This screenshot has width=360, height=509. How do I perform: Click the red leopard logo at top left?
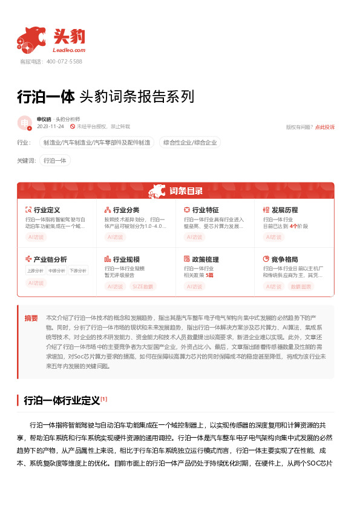pos(31,39)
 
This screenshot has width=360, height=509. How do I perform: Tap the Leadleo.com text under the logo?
pos(70,51)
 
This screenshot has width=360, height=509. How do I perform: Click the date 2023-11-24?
pos(50,127)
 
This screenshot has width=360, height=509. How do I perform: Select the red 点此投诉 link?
pos(324,127)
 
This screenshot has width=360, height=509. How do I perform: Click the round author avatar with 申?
pos(25,123)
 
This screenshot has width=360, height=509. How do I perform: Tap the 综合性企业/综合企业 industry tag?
pos(190,143)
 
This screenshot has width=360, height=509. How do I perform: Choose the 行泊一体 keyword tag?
pos(55,160)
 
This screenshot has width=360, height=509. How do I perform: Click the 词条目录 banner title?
pos(186,191)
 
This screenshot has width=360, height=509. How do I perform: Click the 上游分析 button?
pos(36,270)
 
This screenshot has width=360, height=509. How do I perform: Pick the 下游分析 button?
pos(77,270)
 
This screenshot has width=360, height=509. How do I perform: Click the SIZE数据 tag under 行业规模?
pos(143,286)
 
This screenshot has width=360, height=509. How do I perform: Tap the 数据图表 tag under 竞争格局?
pos(301,286)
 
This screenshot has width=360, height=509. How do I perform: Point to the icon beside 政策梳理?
pos(187,259)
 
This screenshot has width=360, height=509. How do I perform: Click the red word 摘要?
pos(31,318)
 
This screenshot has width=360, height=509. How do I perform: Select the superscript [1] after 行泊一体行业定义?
pos(104,399)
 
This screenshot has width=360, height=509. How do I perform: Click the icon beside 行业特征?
pos(187,210)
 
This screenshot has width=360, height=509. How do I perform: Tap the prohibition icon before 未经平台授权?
pos(73,127)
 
